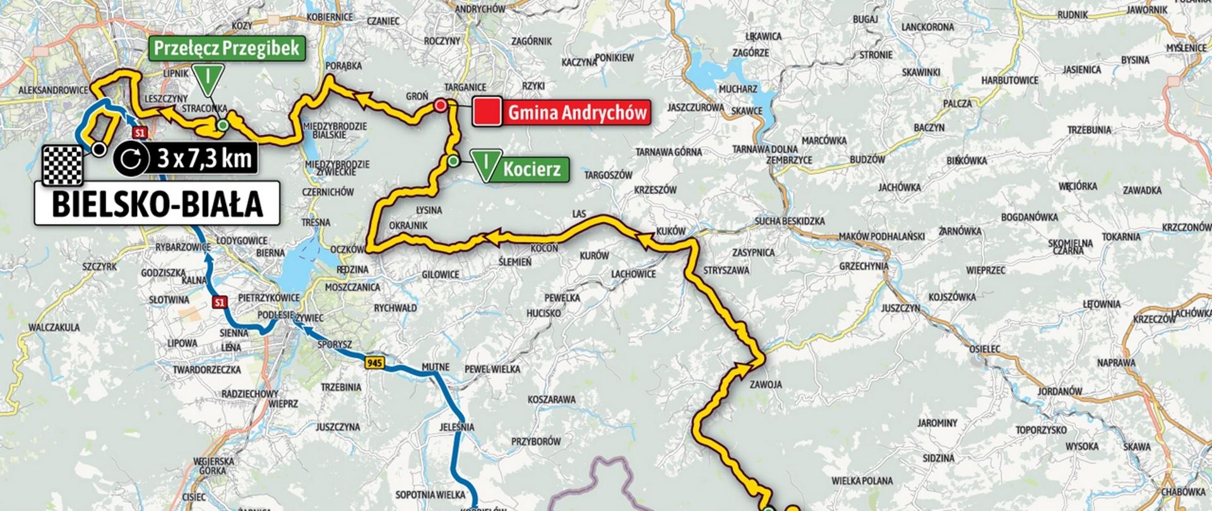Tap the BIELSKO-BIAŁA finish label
coord(157,204)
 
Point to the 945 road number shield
coord(374,363)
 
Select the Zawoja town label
coord(766,384)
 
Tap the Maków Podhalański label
coord(881,237)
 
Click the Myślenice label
coord(1186,48)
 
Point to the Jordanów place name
coord(1060,391)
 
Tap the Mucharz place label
coord(738,90)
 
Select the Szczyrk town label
coord(100,267)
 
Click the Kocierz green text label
coord(532,170)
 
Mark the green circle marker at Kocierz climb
coord(453,161)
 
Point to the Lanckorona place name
coord(927,27)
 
